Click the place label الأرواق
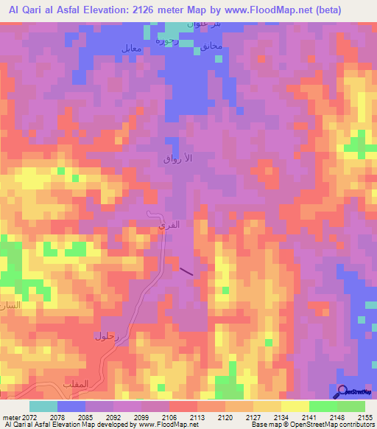[x=177, y=158]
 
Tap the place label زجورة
[x=169, y=40]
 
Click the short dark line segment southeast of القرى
[x=187, y=271]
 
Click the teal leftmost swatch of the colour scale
[x=43, y=406]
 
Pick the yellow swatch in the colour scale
[x=295, y=406]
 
